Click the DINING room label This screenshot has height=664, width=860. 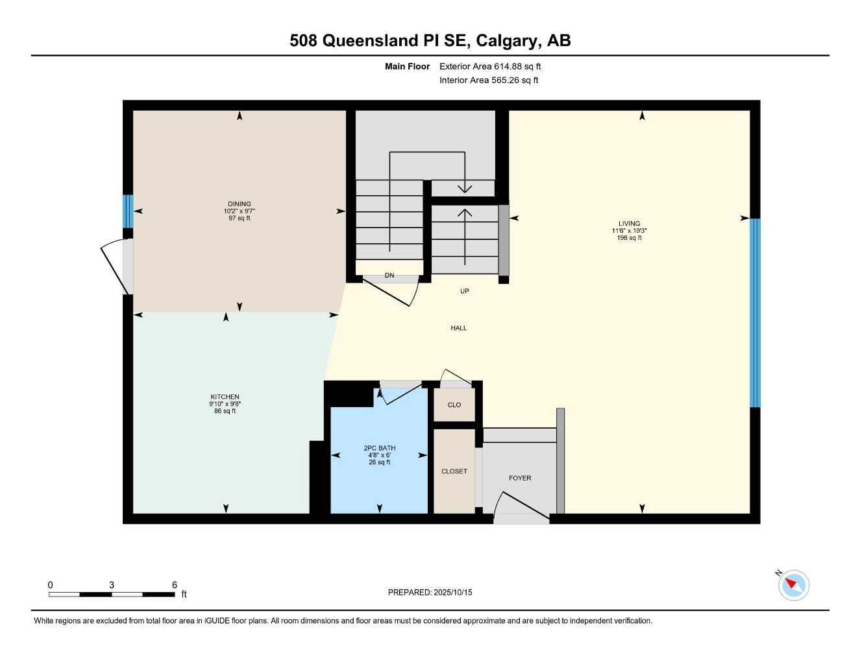click(239, 204)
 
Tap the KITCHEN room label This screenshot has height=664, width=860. click(225, 397)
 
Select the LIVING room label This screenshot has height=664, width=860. click(629, 224)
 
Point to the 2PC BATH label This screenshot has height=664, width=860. click(379, 448)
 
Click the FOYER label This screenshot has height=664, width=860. click(520, 478)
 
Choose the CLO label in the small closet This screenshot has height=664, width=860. click(454, 405)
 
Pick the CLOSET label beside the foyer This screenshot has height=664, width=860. click(454, 471)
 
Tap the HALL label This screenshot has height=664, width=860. click(459, 328)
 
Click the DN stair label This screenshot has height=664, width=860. click(389, 276)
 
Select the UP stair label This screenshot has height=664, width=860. click(465, 291)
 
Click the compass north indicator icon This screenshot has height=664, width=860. click(792, 585)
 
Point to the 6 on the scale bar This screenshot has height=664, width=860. click(175, 585)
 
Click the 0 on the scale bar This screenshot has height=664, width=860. click(51, 585)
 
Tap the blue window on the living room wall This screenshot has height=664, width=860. click(755, 313)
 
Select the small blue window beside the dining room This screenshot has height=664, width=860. click(128, 211)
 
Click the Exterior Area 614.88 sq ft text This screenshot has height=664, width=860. click(490, 66)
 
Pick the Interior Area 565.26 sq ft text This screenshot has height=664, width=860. click(489, 80)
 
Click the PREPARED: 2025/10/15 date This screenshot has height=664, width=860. click(430, 592)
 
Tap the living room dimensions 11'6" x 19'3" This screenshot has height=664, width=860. click(629, 231)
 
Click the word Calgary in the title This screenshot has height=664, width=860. click(507, 40)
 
